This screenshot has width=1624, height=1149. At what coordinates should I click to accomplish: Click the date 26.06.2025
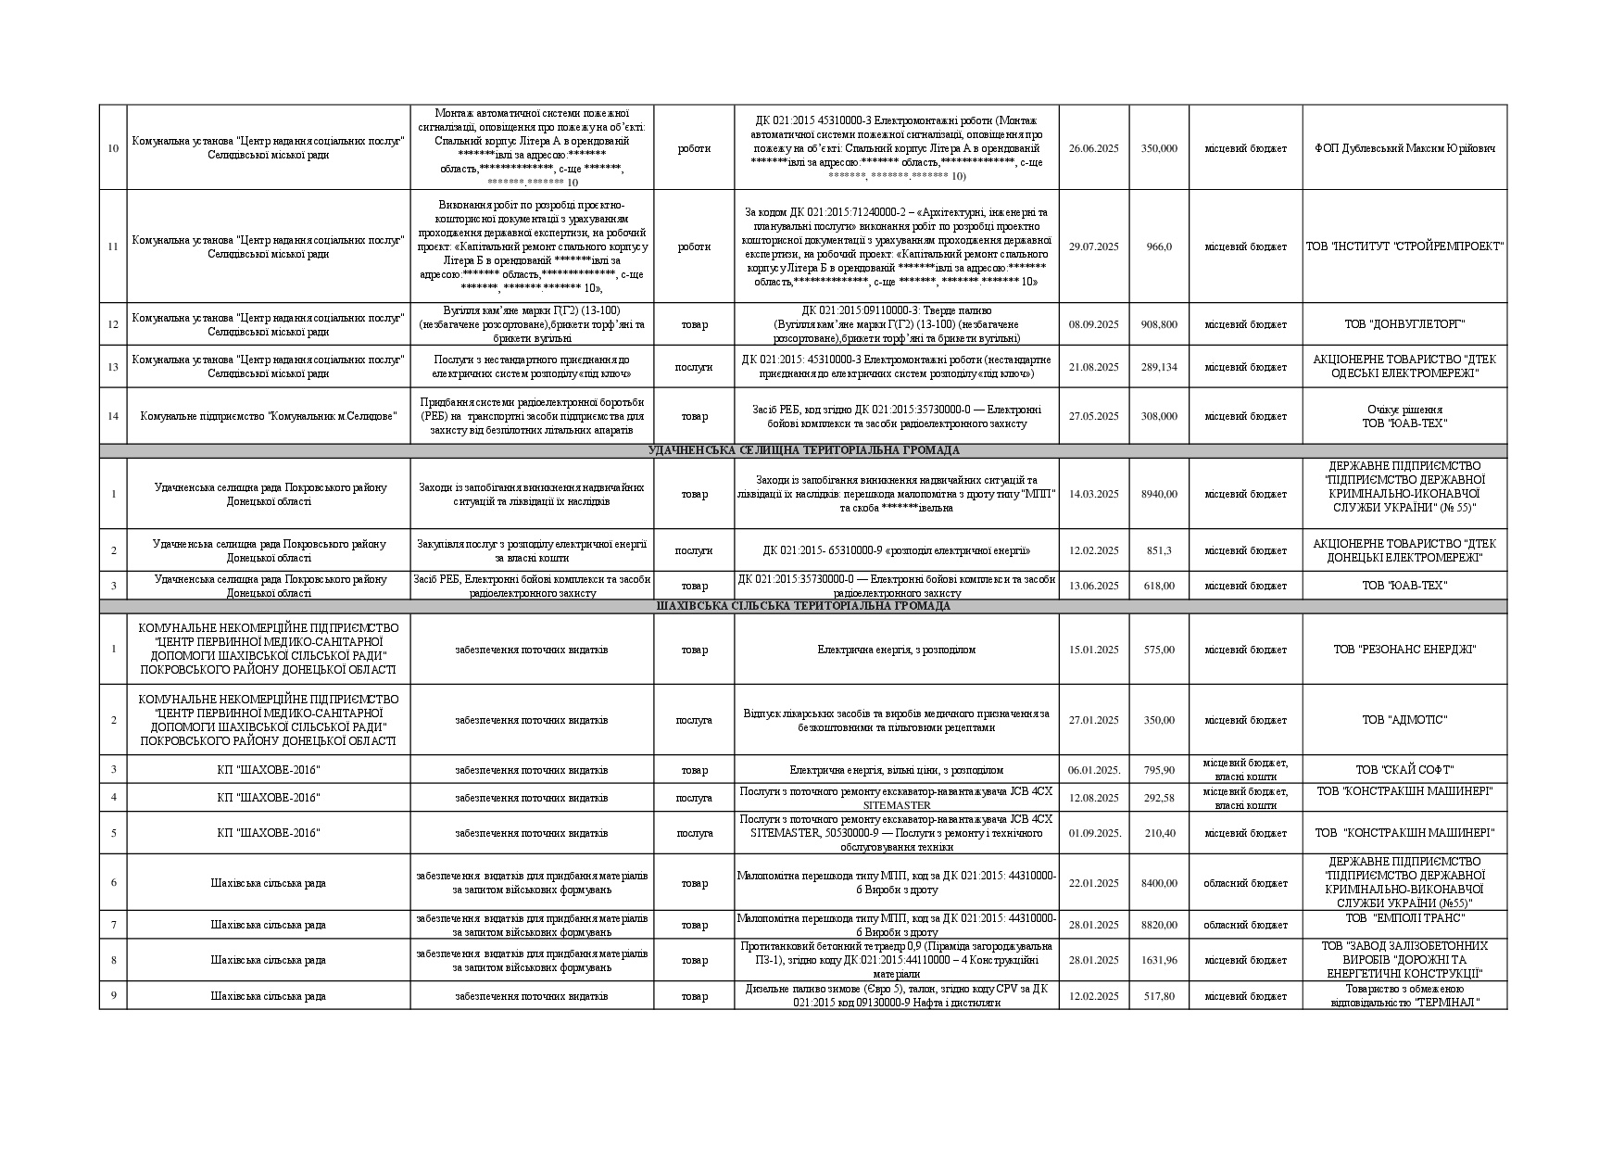[1093, 148]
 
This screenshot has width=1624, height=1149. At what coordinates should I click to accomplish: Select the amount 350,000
[1159, 148]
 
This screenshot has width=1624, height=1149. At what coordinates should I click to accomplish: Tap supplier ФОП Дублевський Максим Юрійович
[1404, 148]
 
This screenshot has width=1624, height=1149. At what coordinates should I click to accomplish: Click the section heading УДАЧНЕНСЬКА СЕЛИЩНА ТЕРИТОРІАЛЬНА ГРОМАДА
[803, 450]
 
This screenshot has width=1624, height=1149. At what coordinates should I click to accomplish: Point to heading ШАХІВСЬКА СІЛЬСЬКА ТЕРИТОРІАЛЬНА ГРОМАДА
[803, 606]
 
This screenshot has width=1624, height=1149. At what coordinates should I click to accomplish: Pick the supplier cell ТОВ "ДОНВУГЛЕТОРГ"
[1404, 324]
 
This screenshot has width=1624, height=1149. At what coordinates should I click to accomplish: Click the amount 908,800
[1159, 324]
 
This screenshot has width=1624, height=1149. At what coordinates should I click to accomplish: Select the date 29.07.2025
[1093, 246]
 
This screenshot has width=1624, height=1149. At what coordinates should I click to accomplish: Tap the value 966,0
[1159, 246]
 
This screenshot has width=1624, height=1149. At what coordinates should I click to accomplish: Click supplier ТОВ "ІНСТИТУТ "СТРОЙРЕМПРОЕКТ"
[1404, 246]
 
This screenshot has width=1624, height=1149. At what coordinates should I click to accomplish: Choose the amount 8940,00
[1159, 494]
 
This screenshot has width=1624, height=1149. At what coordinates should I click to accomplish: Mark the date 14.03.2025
[1093, 494]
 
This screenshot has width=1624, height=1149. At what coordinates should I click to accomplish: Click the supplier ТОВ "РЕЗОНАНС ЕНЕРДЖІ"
[1404, 650]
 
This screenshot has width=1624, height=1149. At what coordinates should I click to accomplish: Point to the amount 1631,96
[1159, 960]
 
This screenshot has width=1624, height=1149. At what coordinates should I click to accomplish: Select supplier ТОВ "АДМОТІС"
[1404, 720]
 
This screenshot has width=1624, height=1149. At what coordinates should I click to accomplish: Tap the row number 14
[113, 416]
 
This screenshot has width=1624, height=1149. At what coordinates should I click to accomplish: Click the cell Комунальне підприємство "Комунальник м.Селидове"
[268, 416]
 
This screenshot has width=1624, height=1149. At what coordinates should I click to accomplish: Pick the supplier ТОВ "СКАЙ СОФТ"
[1404, 770]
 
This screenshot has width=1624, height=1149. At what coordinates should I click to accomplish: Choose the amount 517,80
[1159, 996]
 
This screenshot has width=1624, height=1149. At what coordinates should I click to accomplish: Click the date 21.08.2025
[1093, 367]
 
